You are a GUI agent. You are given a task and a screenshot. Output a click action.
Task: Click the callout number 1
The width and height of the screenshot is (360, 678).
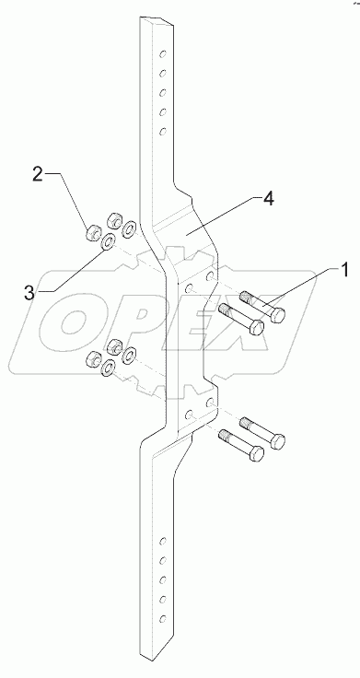(344, 271)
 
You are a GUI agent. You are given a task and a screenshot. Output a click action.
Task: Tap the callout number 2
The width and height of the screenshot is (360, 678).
(38, 175)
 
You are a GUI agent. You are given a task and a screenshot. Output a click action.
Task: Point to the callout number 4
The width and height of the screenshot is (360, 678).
(268, 199)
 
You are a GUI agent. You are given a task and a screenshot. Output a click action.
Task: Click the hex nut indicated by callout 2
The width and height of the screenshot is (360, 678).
(94, 233)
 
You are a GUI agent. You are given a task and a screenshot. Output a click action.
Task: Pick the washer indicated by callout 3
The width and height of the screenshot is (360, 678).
(108, 242)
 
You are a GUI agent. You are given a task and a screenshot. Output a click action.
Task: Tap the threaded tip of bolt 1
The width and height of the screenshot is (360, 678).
(246, 298)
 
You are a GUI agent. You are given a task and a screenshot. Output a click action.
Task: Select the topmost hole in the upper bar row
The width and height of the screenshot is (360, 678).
(163, 54)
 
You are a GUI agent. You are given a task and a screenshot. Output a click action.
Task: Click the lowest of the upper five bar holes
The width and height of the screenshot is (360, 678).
(163, 132)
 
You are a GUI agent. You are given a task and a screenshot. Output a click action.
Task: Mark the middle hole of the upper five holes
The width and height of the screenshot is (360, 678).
(163, 93)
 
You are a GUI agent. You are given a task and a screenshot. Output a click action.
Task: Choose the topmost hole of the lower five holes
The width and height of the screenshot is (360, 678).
(163, 541)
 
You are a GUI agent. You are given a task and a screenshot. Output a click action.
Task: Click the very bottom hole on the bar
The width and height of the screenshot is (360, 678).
(163, 619)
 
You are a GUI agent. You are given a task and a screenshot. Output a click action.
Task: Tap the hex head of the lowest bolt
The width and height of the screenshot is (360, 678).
(257, 453)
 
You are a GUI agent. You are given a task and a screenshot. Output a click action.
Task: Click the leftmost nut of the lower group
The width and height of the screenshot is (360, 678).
(94, 358)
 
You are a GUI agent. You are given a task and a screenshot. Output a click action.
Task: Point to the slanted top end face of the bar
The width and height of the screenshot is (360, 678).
(157, 21)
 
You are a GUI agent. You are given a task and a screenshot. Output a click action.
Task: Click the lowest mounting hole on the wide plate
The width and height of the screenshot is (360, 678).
(189, 415)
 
